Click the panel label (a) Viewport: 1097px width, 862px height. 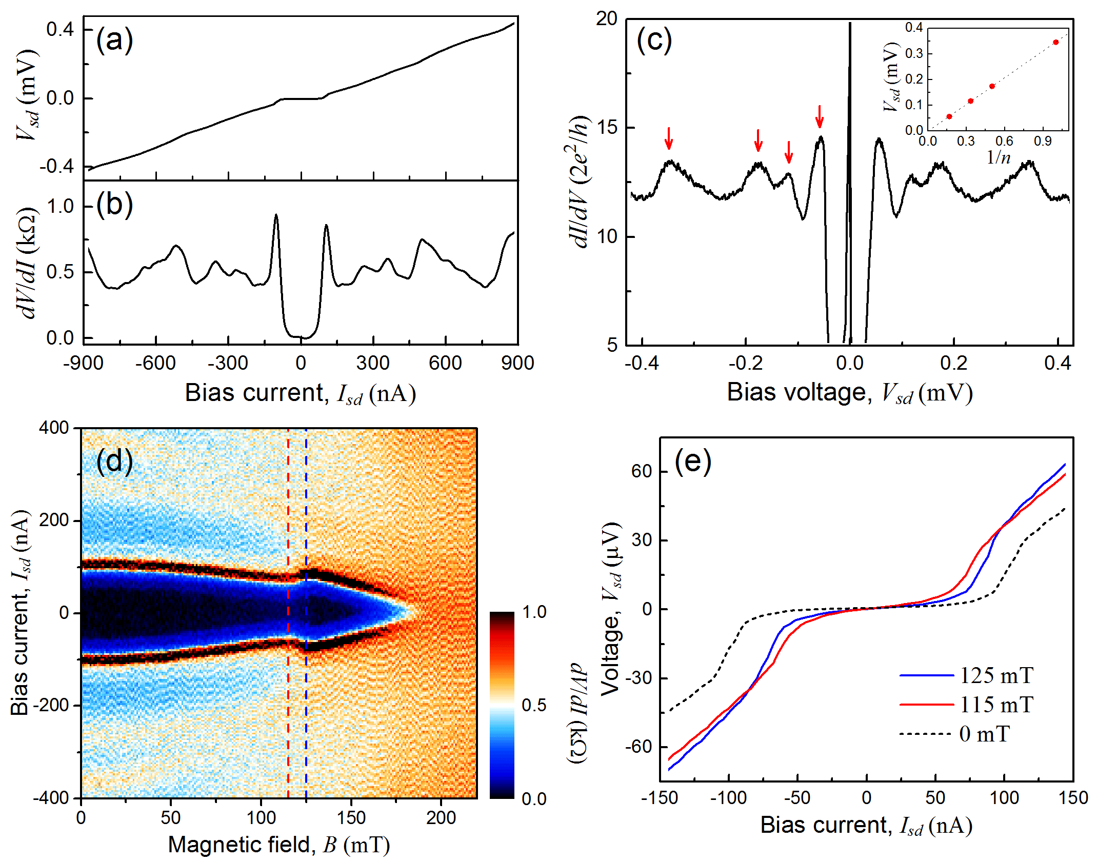114,40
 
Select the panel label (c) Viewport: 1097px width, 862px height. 654,40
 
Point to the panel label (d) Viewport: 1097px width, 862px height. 114,460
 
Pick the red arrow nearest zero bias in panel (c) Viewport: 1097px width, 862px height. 820,116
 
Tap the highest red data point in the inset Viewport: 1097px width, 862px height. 1055,42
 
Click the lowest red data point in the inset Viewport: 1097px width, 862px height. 949,116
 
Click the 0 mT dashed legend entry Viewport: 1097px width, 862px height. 954,734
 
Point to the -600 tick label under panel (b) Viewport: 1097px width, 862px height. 155,363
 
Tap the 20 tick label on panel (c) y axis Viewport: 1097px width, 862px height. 607,19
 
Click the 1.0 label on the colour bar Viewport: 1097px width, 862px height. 534,612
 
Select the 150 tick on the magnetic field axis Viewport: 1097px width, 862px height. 351,817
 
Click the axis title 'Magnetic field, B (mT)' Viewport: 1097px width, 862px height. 279,845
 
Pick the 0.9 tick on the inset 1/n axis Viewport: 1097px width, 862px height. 1043,141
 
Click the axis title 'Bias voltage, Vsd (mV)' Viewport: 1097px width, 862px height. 850,393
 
